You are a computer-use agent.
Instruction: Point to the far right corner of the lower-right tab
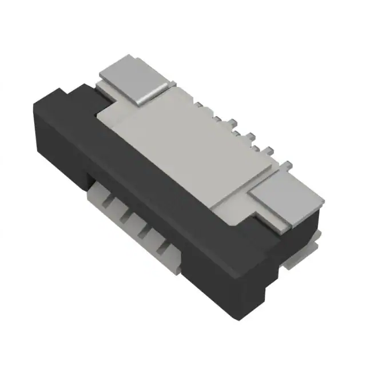click(324, 200)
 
